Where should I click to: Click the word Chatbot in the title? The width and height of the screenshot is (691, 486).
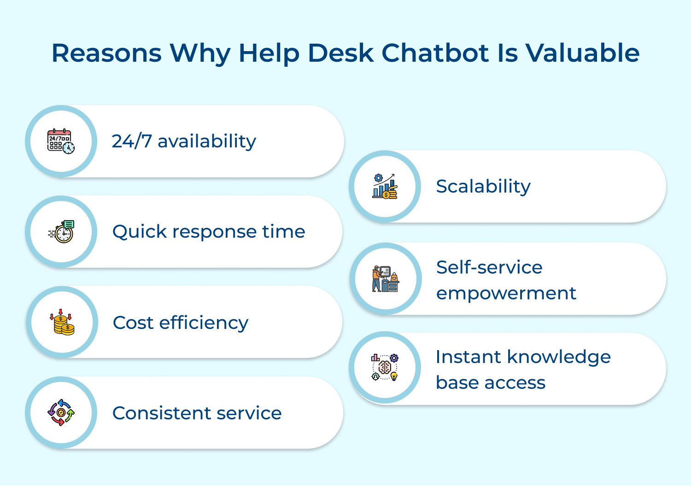click(x=435, y=53)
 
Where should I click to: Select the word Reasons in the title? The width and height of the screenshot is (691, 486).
click(x=106, y=53)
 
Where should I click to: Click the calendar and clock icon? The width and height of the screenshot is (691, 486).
click(x=61, y=141)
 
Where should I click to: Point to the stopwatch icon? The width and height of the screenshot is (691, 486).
click(x=62, y=232)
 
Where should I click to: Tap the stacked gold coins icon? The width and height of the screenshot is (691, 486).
click(x=62, y=322)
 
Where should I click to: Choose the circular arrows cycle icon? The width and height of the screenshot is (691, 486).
click(x=61, y=413)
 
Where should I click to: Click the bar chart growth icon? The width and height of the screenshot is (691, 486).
click(x=385, y=187)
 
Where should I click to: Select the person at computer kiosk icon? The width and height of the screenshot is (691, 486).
click(x=385, y=279)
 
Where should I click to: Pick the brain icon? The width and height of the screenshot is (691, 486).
click(x=385, y=368)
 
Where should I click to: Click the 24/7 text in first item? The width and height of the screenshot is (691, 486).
click(x=132, y=141)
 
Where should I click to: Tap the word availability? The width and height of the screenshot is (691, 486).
click(x=207, y=141)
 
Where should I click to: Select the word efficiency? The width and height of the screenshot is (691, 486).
click(x=204, y=323)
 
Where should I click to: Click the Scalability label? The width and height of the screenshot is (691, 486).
click(x=483, y=187)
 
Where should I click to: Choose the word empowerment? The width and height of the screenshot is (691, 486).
click(x=506, y=293)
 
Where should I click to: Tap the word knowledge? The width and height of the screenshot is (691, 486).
click(x=558, y=357)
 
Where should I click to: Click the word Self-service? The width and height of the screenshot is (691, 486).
click(x=489, y=267)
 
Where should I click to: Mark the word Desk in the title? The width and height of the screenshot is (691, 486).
click(x=340, y=53)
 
